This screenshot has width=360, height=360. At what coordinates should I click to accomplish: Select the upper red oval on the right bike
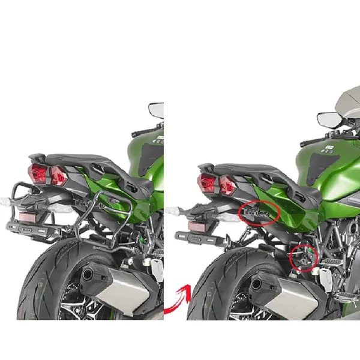coord(259,213)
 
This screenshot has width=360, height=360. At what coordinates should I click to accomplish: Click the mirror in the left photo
coord(156,110)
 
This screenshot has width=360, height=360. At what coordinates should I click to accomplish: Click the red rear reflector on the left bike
coord(27,217)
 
